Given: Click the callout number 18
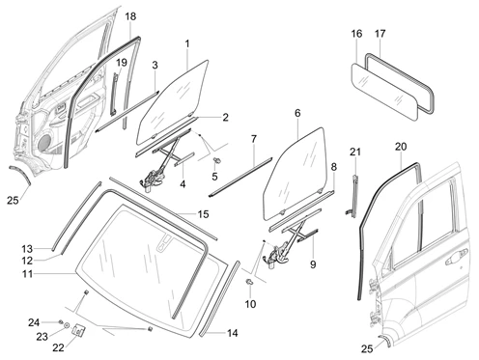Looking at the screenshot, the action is tap(130, 16).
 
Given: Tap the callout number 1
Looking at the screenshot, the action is tap(187, 43).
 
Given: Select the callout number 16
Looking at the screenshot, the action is tap(356, 34).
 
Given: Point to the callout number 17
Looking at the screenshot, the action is tap(380, 34).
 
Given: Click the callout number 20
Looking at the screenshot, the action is tap(401, 147).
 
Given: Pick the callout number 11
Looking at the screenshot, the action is tap(27, 274).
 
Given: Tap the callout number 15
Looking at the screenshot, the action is tap(204, 214).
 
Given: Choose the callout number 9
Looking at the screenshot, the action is tap(313, 264).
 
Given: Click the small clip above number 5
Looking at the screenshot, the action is tap(217, 159).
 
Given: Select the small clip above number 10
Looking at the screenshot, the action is tap(249, 282).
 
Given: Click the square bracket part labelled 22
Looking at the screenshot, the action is tap(79, 330).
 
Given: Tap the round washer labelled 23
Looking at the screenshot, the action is tap(67, 325).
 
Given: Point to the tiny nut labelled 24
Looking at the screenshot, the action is tap(60, 321).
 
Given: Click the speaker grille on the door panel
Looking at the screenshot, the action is tap(45, 142).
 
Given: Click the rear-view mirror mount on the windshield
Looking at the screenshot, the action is tap(164, 243).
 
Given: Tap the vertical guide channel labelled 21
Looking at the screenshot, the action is tap(354, 196).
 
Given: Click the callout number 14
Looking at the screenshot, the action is tap(233, 333).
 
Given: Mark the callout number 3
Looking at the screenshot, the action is tap(155, 65).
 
